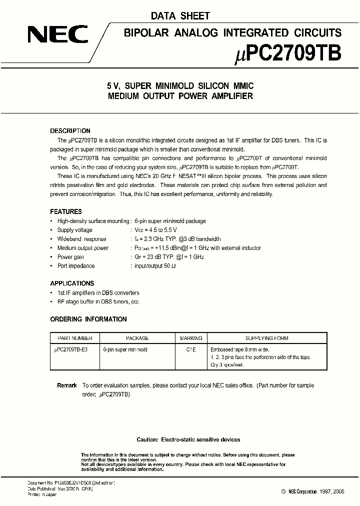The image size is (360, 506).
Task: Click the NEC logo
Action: tap(57, 34)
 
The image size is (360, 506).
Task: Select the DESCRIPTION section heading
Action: tap(70, 131)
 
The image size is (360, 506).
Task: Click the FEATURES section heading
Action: tap(66, 211)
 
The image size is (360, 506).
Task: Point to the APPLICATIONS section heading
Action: tap(72, 283)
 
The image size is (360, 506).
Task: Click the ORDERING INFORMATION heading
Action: tap(88, 319)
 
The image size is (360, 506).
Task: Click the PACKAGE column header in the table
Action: tap(137, 338)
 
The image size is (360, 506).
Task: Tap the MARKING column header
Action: tap(190, 338)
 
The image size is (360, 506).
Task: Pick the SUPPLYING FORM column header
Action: tap(266, 338)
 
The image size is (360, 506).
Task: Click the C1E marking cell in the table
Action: tap(190, 350)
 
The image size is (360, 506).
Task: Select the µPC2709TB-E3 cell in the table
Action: tap(70, 350)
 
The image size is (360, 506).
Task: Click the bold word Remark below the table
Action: tap(67, 385)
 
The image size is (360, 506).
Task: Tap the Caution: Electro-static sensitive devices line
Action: tap(188, 439)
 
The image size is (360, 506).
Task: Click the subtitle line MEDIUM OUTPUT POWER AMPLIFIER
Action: tap(180, 96)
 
